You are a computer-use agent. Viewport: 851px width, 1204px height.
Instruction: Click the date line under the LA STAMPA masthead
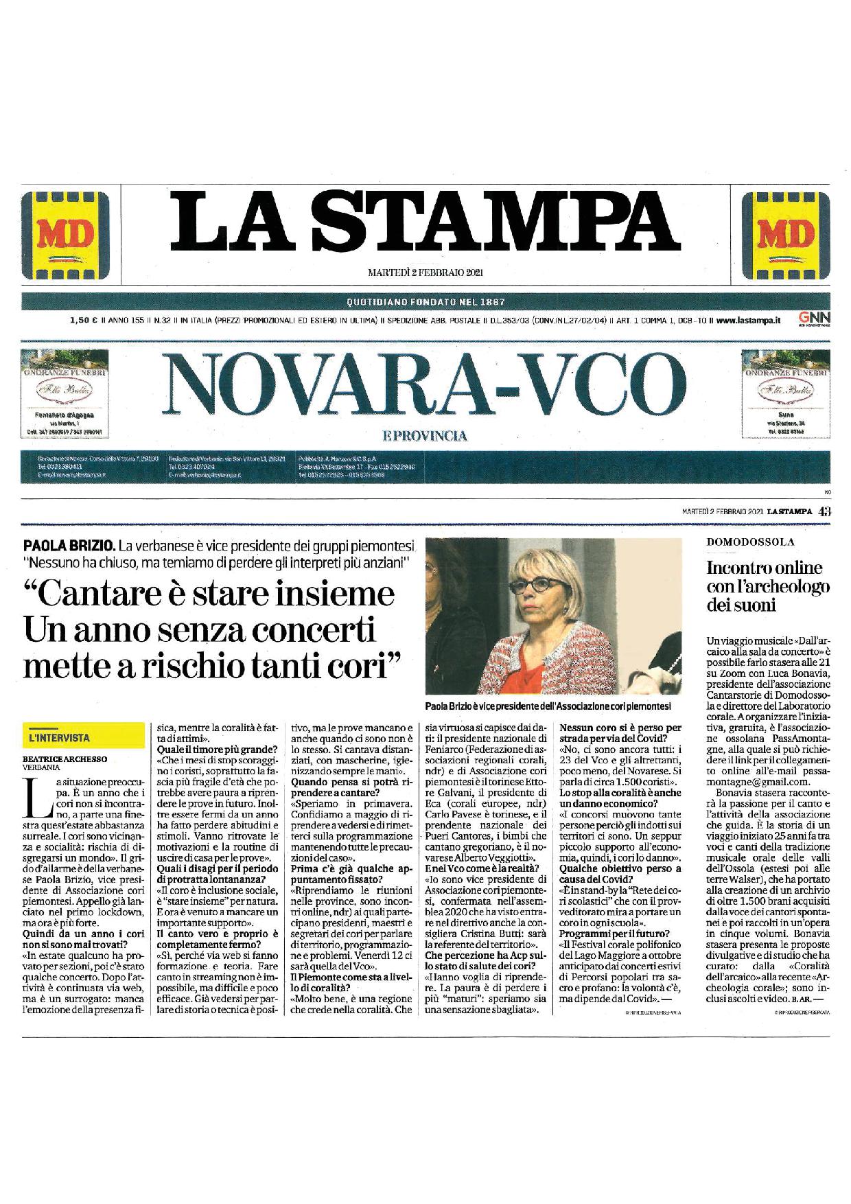pyautogui.click(x=426, y=273)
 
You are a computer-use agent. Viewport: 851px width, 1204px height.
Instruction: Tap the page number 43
pyautogui.click(x=824, y=510)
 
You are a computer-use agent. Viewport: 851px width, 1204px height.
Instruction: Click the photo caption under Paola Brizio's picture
pyautogui.click(x=548, y=705)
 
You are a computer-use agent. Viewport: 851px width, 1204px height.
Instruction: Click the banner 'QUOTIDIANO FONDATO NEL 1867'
pyautogui.click(x=425, y=301)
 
